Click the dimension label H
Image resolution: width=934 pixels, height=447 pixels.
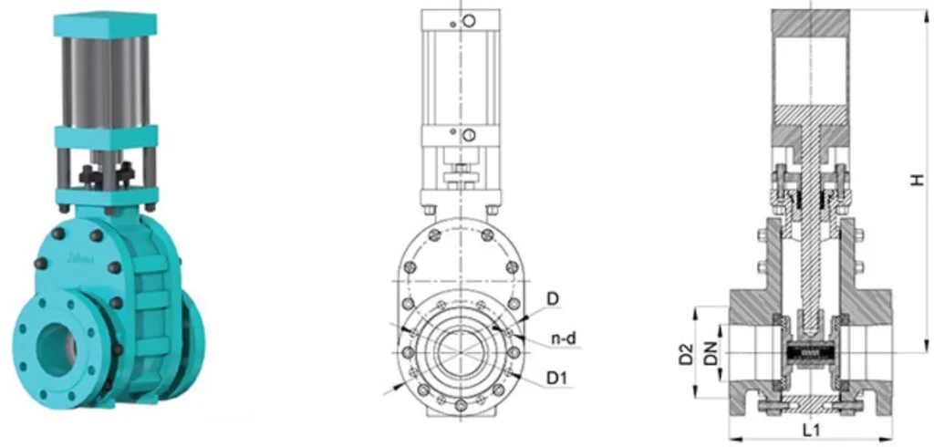point(918,180)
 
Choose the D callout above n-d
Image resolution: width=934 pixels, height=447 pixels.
point(554,299)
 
